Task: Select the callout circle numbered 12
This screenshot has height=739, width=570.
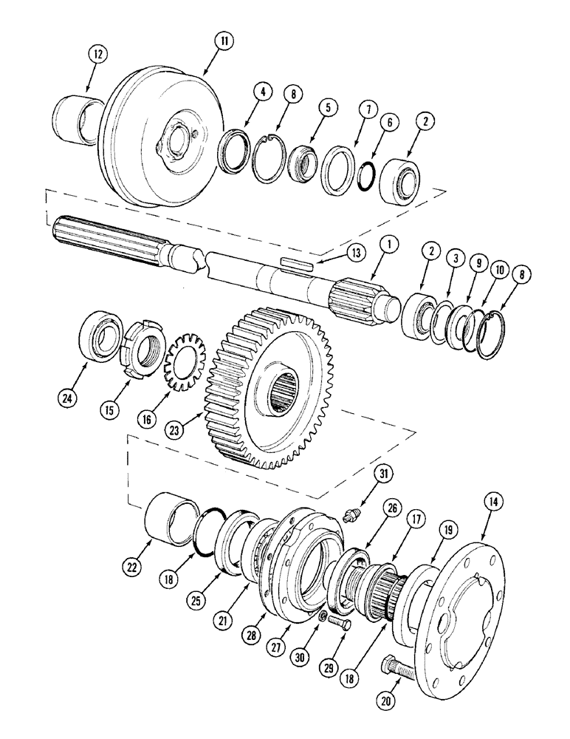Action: coord(98,53)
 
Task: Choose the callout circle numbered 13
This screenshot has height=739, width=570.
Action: coord(357,252)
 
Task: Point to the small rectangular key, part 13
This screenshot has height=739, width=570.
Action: coord(297,261)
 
